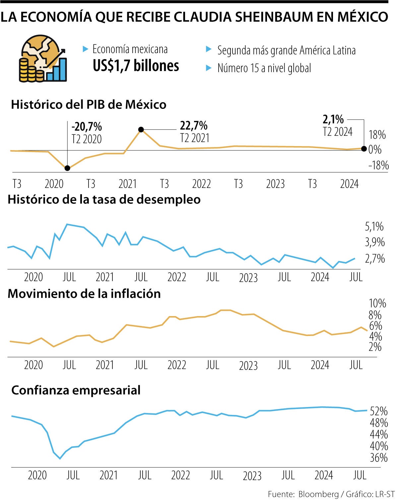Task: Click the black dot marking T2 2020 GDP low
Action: coord(67,168)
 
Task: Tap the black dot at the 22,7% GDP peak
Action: coord(141,129)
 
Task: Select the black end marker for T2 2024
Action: coord(364,149)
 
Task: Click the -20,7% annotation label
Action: coord(87,126)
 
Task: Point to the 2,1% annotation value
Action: coord(333,119)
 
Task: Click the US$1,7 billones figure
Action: coord(136,66)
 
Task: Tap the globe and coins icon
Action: coord(43,59)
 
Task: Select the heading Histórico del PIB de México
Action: coord(89,105)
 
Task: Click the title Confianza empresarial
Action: coord(76,390)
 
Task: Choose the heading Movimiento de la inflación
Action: coord(84,294)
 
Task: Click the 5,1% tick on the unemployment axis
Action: coord(374,226)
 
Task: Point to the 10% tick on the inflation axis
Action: coord(377,303)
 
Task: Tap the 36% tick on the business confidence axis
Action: coord(378,458)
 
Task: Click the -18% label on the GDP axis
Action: coord(378,165)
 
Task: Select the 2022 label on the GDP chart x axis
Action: coord(201,184)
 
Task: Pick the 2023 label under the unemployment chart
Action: coord(248,278)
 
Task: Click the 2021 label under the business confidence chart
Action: coord(108,475)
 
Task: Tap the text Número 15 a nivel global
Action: coord(264,68)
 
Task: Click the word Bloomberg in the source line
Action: coord(318,494)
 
